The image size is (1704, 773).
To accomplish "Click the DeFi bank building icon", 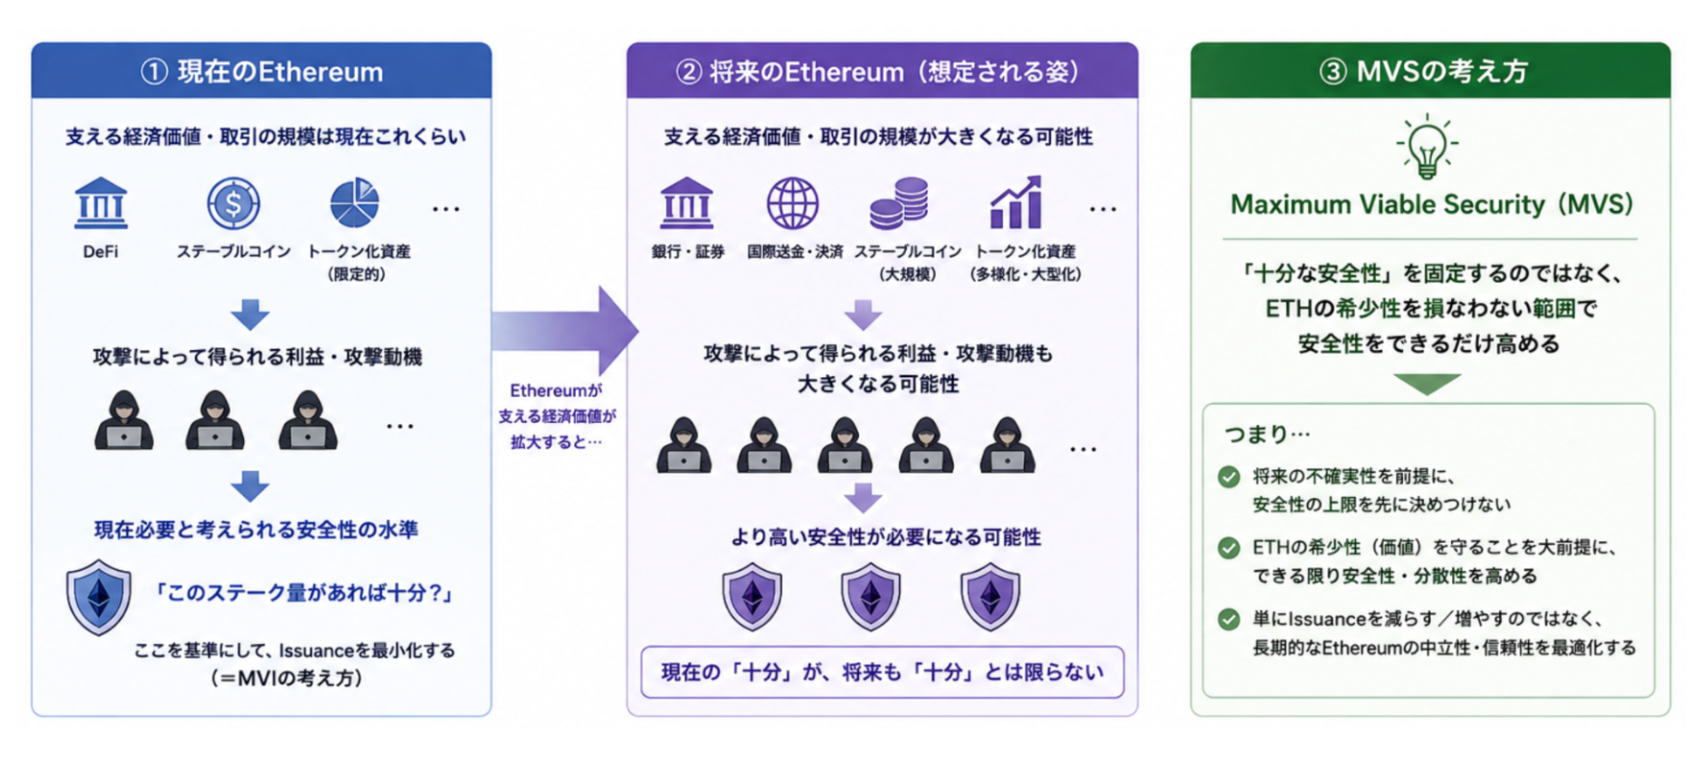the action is pyautogui.click(x=101, y=203).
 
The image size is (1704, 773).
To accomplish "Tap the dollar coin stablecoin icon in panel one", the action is pyautogui.click(x=234, y=203).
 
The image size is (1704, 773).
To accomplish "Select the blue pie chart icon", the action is pyautogui.click(x=355, y=202).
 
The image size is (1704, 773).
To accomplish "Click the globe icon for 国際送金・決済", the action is pyautogui.click(x=792, y=203).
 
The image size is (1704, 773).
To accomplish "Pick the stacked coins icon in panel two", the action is pyautogui.click(x=899, y=203).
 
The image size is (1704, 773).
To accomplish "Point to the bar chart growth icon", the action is pyautogui.click(x=1016, y=202).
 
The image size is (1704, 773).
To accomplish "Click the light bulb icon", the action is pyautogui.click(x=1427, y=146).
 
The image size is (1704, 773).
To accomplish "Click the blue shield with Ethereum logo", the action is pyautogui.click(x=99, y=597).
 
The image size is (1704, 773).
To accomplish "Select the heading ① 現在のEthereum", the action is pyautogui.click(x=262, y=71).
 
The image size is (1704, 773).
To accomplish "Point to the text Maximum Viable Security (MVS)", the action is pyautogui.click(x=1432, y=205).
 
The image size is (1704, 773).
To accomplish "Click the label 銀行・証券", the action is pyautogui.click(x=688, y=252).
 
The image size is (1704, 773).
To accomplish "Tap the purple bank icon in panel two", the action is pyautogui.click(x=687, y=203).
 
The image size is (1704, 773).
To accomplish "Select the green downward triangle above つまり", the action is pyautogui.click(x=1427, y=385).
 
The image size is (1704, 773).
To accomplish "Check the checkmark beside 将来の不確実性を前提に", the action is pyautogui.click(x=1229, y=477).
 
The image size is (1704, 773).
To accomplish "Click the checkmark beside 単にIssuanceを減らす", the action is pyautogui.click(x=1229, y=619).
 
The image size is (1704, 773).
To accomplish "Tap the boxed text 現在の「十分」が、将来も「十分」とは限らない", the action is pyautogui.click(x=882, y=672).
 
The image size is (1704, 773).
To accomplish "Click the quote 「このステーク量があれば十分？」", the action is pyautogui.click(x=305, y=592).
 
